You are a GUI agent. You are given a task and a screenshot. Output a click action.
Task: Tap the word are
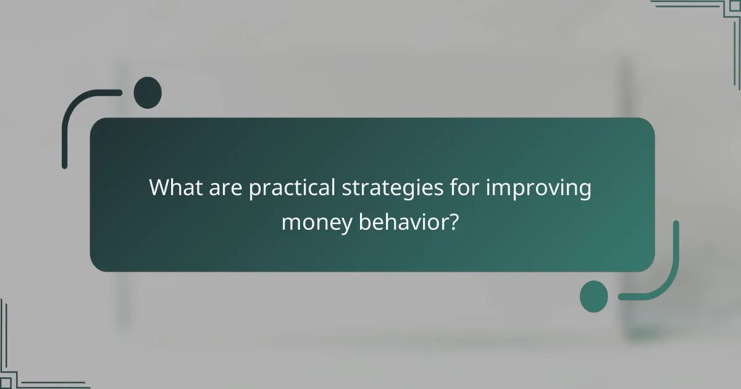pos(226,188)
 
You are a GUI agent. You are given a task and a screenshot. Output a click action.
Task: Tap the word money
pos(315,221)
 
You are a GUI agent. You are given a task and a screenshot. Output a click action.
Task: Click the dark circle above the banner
pos(148,93)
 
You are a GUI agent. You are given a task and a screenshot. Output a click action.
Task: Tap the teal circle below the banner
pos(594,296)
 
